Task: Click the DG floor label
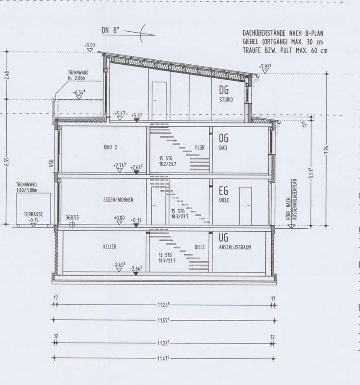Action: pyautogui.click(x=224, y=90)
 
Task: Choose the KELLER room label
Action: pyautogui.click(x=110, y=247)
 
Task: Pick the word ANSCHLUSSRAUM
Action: pyautogui.click(x=235, y=247)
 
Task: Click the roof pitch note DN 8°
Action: pyautogui.click(x=111, y=31)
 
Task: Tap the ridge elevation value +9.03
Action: pyautogui.click(x=90, y=45)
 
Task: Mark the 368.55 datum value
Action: pyautogui.click(x=72, y=218)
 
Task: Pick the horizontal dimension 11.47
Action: pyautogui.click(x=164, y=359)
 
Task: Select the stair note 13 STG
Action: pyautogui.click(x=166, y=255)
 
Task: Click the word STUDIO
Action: pyautogui.click(x=226, y=100)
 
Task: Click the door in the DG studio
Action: pyautogui.click(x=159, y=101)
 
